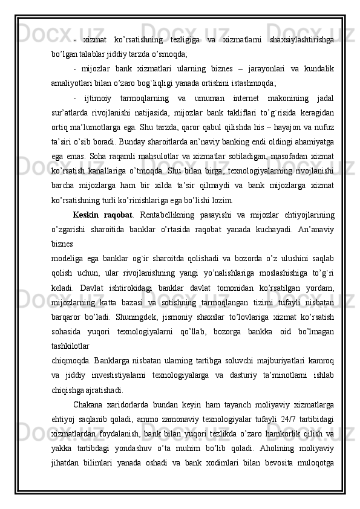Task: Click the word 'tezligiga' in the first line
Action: point(181,39)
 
